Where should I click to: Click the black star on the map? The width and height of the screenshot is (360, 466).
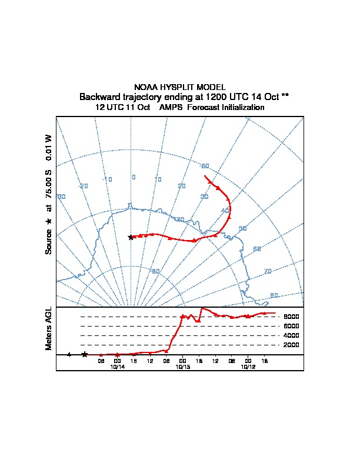tap(131, 237)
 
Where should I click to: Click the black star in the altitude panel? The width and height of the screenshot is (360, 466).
tap(85, 354)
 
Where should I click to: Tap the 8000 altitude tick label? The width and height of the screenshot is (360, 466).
tap(292, 317)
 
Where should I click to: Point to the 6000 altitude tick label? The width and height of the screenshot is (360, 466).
tap(292, 326)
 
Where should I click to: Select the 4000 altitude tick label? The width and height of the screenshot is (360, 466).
tap(292, 335)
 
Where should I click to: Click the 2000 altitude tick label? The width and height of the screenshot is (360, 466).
tap(292, 345)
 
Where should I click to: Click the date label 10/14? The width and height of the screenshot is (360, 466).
tap(118, 367)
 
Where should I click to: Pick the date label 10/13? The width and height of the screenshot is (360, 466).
tap(183, 367)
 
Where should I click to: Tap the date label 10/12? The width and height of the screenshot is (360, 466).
tap(248, 367)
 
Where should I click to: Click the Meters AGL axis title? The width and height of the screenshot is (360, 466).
tap(49, 328)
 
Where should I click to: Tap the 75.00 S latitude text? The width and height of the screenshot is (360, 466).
tap(49, 185)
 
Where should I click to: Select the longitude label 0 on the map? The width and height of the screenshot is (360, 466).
tap(134, 177)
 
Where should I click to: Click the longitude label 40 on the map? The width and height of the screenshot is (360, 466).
tap(225, 211)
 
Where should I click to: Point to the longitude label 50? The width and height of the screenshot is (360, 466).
tap(242, 228)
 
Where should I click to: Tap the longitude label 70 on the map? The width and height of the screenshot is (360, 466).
tap(268, 271)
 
